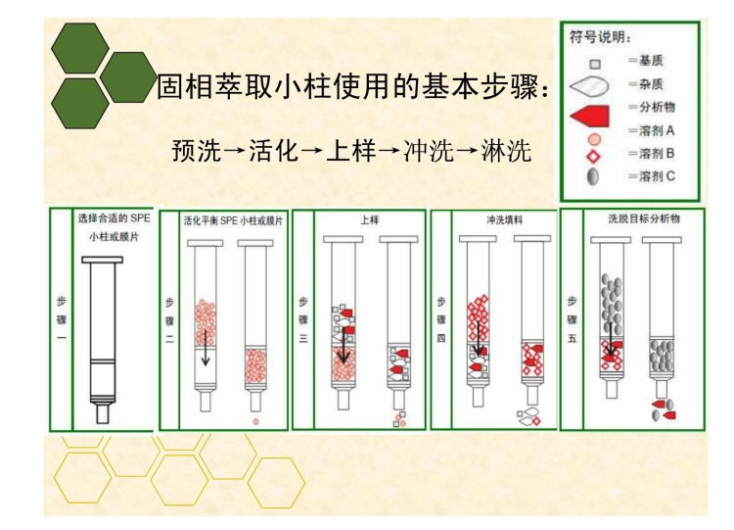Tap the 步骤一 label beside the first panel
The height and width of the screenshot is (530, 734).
tap(61, 313)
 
